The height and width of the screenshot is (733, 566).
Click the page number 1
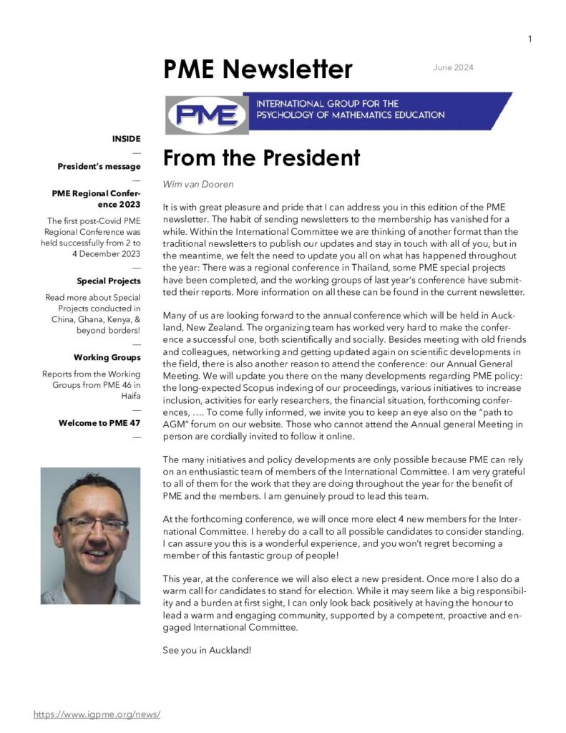tap(530, 39)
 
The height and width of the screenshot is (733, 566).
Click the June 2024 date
tap(453, 68)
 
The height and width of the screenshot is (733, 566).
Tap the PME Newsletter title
tap(258, 70)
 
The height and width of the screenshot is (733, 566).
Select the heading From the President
tap(261, 157)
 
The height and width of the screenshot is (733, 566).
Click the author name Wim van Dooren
tap(198, 184)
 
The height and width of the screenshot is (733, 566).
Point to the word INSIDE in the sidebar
tap(127, 139)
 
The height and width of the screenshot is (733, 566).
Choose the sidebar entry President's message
tap(99, 167)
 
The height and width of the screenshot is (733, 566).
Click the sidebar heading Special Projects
tap(109, 281)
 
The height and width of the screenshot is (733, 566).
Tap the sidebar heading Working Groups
tap(107, 357)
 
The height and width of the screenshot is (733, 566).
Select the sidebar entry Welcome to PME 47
tap(99, 423)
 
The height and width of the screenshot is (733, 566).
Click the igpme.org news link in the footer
tap(97, 714)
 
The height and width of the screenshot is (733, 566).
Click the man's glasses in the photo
tap(90, 525)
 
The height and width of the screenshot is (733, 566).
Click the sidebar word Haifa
tap(130, 395)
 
